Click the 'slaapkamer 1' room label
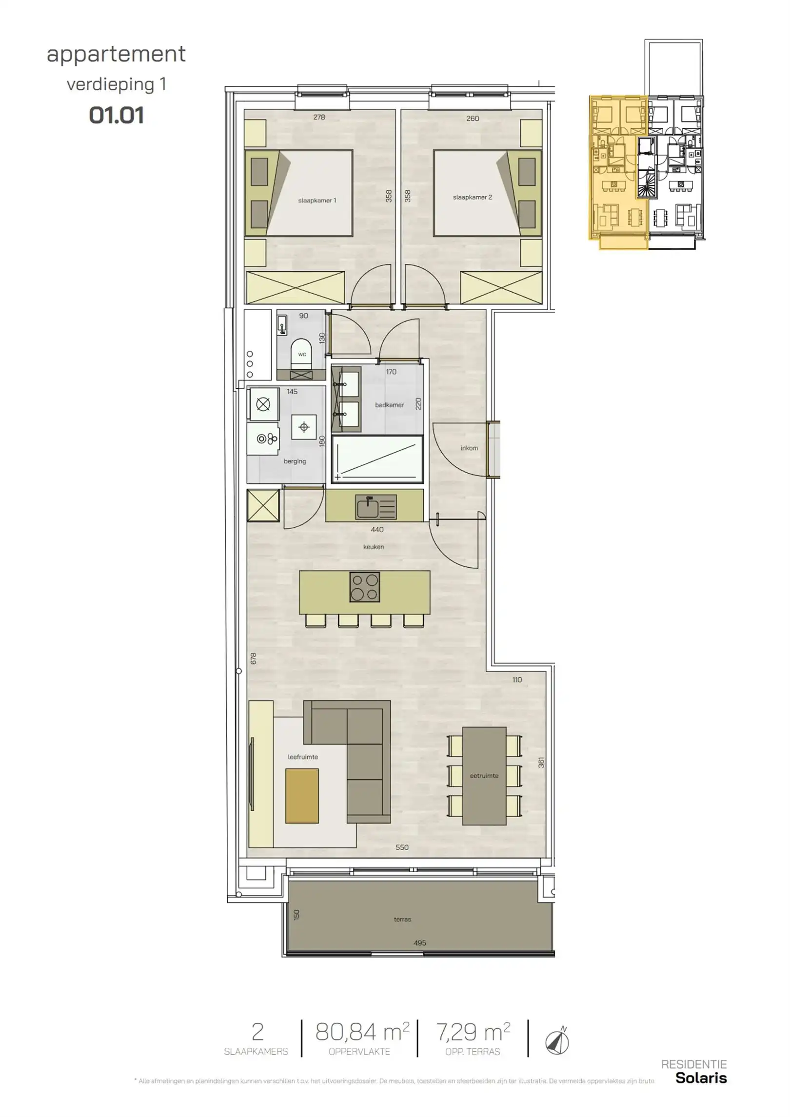click(317, 200)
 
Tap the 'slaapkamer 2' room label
click(472, 198)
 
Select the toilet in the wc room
click(302, 353)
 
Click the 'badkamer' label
click(389, 405)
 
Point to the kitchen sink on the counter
click(376, 506)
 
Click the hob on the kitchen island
click(365, 587)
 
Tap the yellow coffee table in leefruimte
click(302, 796)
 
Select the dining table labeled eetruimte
click(484, 776)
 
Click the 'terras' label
click(402, 919)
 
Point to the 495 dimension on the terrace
click(419, 943)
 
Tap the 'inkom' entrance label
click(469, 448)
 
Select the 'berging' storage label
click(295, 461)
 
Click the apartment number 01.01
click(116, 116)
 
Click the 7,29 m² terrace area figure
click(473, 1032)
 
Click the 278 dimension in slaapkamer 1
click(319, 117)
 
